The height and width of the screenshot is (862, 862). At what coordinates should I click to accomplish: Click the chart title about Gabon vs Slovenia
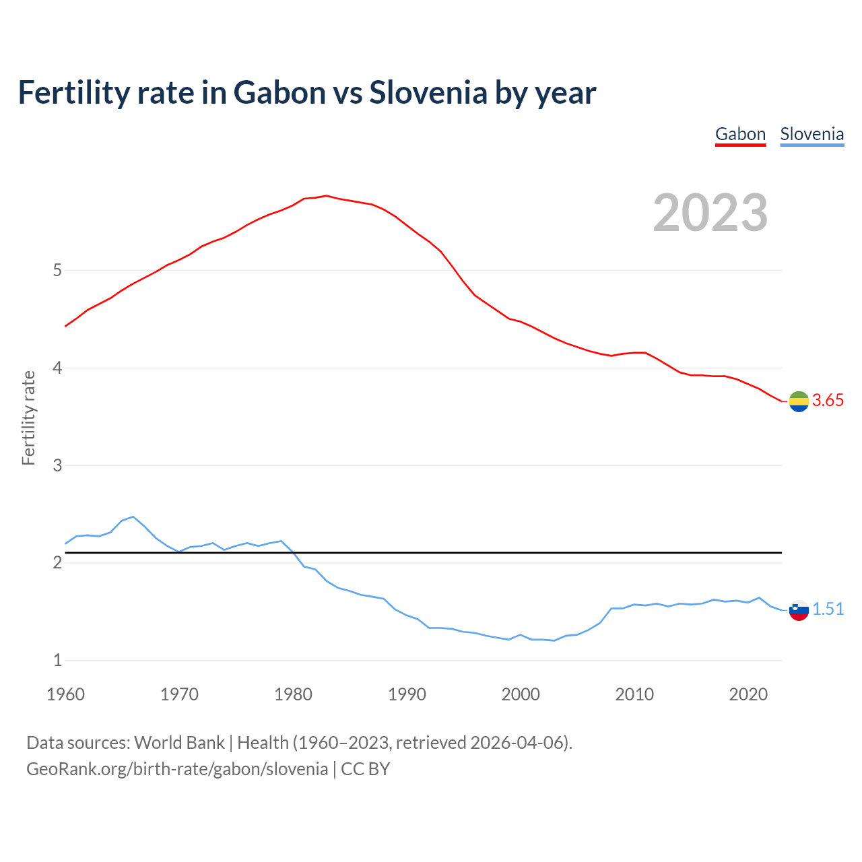[306, 93]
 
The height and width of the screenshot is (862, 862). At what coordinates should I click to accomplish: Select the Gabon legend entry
[740, 134]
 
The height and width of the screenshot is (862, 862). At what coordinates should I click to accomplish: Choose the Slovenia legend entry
[811, 134]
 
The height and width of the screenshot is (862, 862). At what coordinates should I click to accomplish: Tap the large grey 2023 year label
[710, 213]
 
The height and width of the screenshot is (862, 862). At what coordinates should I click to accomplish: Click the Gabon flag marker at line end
[799, 401]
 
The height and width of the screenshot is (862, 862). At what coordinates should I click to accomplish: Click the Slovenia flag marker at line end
[799, 610]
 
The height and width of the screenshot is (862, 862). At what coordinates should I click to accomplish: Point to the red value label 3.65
[828, 400]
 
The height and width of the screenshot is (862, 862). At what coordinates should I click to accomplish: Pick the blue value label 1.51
[828, 609]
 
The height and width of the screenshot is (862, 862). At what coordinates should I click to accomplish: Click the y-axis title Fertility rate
[28, 418]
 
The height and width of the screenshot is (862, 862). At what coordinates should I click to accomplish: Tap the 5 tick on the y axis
[57, 271]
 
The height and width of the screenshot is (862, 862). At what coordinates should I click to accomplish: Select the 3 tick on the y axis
[57, 465]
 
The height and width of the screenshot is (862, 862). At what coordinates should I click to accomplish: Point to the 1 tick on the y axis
[57, 660]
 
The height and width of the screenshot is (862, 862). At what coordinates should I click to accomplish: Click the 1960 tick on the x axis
[65, 694]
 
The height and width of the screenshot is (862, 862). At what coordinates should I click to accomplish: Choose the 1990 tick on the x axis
[407, 694]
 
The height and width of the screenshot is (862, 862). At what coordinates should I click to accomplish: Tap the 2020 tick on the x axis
[748, 694]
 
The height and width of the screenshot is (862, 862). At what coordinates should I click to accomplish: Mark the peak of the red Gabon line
[327, 196]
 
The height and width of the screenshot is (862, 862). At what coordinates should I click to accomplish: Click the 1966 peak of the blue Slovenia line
[133, 517]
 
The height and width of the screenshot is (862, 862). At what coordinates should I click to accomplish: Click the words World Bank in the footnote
[179, 743]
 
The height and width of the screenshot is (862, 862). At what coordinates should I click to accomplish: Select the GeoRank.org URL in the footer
[177, 769]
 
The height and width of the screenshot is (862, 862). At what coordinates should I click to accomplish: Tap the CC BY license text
[366, 769]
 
